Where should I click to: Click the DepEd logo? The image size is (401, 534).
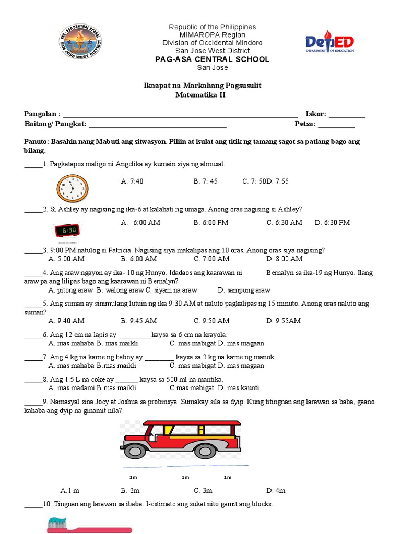(329, 41)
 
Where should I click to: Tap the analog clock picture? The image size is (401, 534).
(73, 188)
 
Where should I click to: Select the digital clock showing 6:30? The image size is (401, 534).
(68, 230)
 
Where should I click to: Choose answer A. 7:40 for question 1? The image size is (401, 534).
(132, 181)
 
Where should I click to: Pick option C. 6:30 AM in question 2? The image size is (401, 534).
(284, 223)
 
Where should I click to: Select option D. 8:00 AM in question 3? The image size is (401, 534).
(284, 259)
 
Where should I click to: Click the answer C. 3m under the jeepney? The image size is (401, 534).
(203, 490)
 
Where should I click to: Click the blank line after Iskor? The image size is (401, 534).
(347, 115)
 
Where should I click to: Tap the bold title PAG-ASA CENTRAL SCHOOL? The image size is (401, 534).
(212, 59)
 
